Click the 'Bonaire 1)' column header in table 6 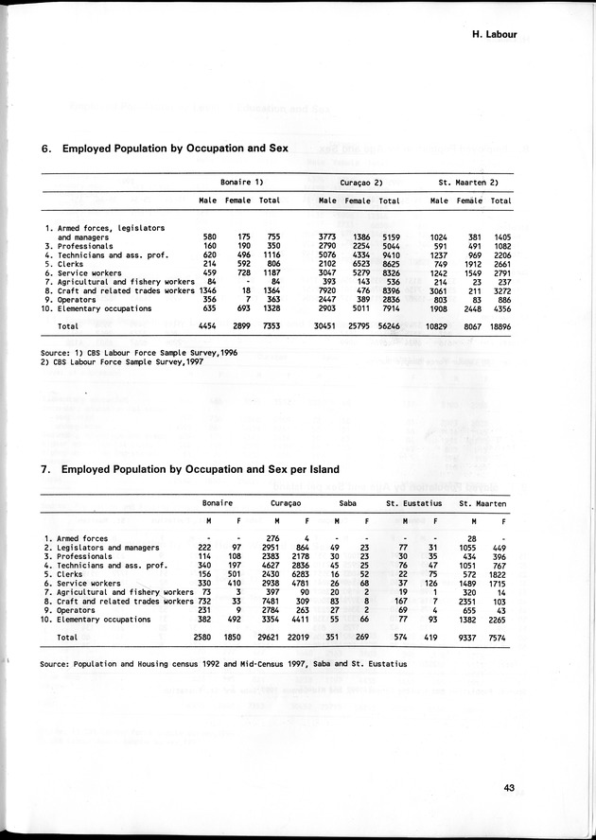point(240,181)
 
